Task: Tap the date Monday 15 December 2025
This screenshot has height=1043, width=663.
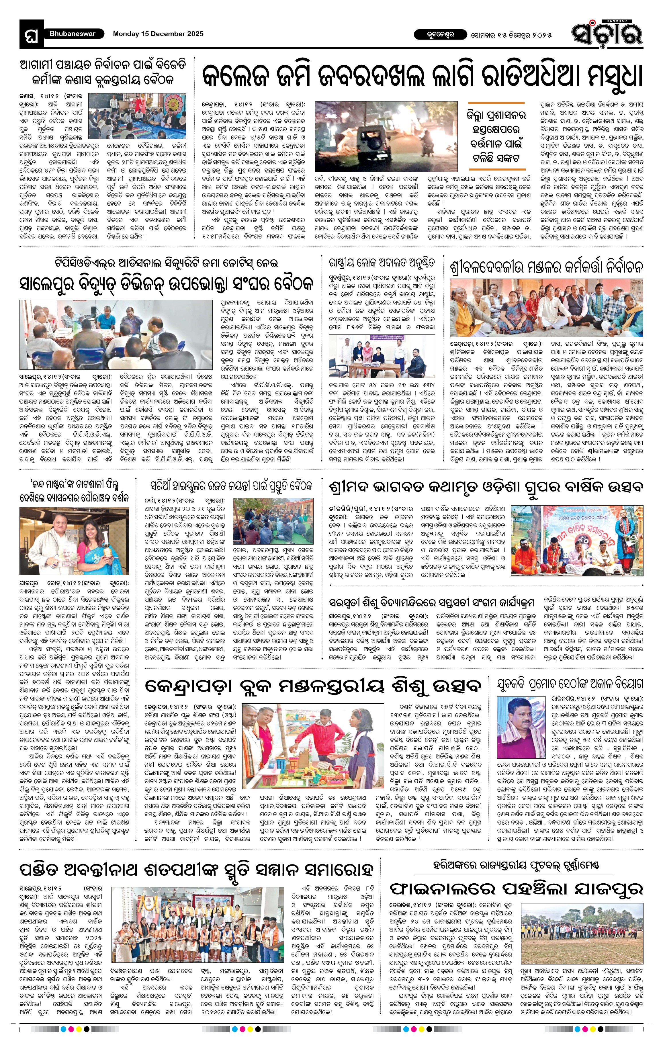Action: click(x=158, y=33)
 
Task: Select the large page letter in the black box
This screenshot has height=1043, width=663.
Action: click(x=31, y=35)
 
